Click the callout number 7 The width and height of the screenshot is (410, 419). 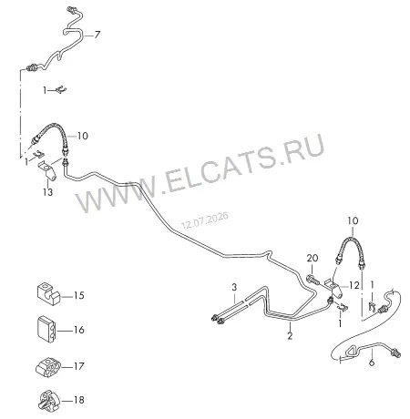(x=97, y=35)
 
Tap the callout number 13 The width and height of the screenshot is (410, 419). (x=47, y=192)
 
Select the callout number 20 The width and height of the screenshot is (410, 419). (x=313, y=258)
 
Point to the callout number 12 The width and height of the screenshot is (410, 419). (x=354, y=285)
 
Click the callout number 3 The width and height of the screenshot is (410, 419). (x=234, y=287)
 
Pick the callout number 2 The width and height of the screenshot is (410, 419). (x=290, y=336)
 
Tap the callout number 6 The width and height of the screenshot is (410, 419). (x=372, y=363)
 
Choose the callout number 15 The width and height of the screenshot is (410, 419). (x=79, y=295)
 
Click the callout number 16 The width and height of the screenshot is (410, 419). (x=79, y=330)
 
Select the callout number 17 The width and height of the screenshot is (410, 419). (x=79, y=366)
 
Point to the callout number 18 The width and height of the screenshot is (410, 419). (x=79, y=400)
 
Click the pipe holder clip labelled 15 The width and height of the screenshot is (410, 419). (x=48, y=294)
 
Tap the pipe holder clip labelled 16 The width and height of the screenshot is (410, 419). (x=46, y=330)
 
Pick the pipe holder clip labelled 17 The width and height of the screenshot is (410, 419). (x=48, y=367)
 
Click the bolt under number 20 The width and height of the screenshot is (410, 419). (x=313, y=280)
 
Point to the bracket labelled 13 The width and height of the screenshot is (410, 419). (x=47, y=170)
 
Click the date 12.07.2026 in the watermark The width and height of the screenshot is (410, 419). (x=205, y=220)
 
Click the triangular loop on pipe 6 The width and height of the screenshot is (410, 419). (x=353, y=352)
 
